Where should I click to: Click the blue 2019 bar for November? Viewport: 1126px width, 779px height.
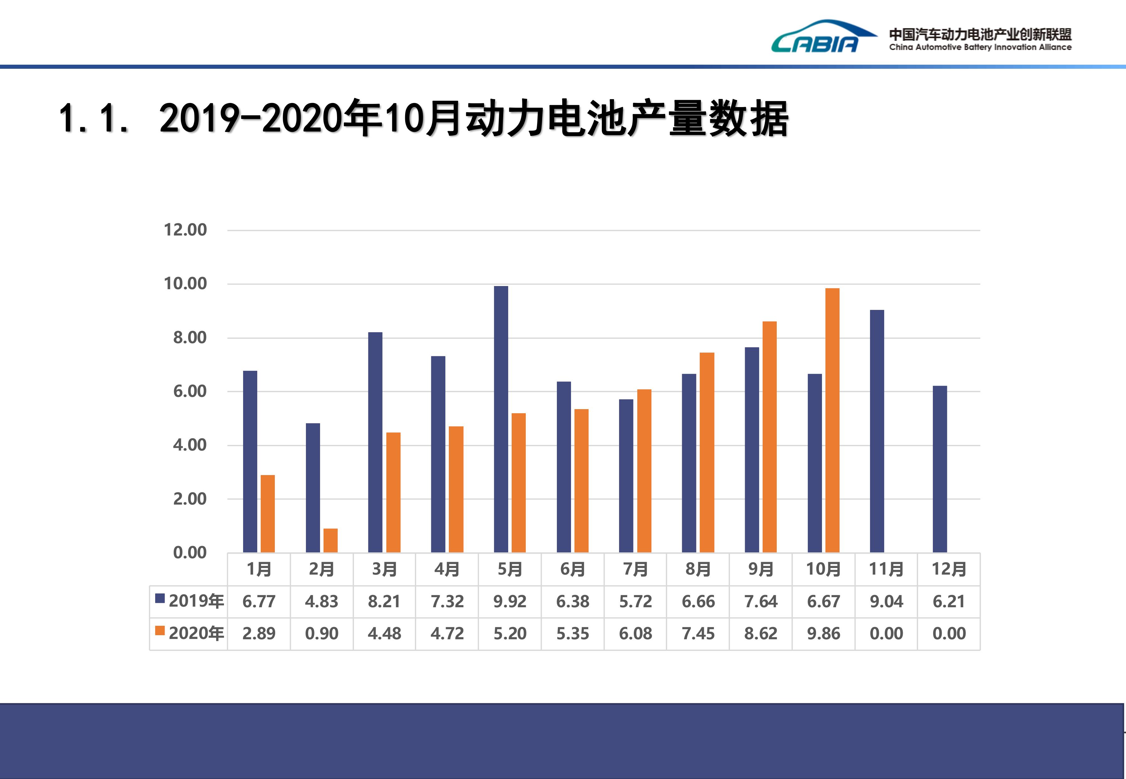click(877, 431)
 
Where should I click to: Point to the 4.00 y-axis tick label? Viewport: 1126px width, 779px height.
click(189, 445)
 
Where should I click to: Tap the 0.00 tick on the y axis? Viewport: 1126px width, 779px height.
click(189, 553)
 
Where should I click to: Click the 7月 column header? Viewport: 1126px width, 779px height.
click(635, 569)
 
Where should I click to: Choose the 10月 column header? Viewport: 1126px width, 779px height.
click(823, 569)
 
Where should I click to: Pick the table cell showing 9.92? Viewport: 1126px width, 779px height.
click(510, 601)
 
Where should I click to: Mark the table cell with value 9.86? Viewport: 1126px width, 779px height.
click(823, 634)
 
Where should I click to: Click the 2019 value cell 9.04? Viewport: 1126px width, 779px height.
click(886, 601)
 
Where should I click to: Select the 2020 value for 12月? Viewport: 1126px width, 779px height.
click(949, 634)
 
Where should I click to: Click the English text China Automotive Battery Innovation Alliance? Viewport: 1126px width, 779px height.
click(980, 47)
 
